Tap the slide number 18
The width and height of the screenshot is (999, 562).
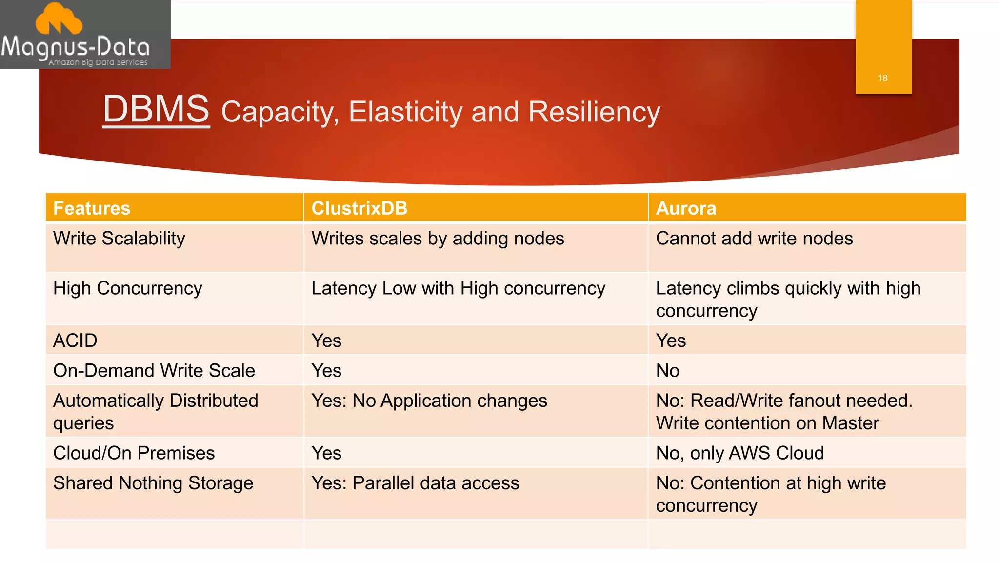click(x=882, y=78)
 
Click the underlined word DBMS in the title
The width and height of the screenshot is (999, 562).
click(x=156, y=109)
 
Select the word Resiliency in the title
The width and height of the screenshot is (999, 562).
click(x=594, y=112)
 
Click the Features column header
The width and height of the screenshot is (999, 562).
click(x=92, y=208)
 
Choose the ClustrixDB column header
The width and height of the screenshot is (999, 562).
click(x=360, y=208)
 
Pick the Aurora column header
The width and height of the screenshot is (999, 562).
click(x=686, y=208)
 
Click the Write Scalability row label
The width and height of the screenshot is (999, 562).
click(x=119, y=239)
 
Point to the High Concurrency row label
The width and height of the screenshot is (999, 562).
click(x=127, y=288)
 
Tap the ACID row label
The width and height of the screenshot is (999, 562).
click(x=75, y=341)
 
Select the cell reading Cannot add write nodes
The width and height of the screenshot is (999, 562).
click(x=754, y=239)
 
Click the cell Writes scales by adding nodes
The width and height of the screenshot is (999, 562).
click(x=438, y=239)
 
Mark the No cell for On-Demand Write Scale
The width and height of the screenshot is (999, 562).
click(x=667, y=371)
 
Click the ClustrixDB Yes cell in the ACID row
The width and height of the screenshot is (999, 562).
click(x=326, y=341)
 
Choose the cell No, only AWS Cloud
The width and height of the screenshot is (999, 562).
click(x=739, y=453)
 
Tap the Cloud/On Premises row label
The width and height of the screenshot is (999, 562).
click(x=134, y=453)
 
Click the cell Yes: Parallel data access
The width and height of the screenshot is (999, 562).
click(x=415, y=483)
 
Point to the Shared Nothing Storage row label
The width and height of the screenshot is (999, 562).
click(x=153, y=483)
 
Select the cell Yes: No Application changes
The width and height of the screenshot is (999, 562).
click(x=429, y=401)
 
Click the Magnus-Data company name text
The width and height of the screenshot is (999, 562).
click(x=75, y=47)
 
